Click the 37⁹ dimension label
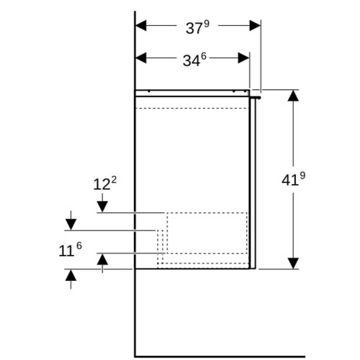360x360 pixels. point(197,27)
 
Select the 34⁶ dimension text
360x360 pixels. point(194,60)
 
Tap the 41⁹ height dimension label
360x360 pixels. point(293,179)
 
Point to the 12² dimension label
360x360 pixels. point(105,184)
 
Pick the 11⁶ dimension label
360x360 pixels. point(70,250)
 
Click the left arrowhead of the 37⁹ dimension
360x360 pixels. point(141,25)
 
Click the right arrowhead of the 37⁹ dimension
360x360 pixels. point(255,25)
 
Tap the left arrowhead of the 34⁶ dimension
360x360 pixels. point(141,58)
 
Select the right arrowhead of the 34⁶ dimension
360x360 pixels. point(244,58)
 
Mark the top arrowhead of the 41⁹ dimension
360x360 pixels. point(293,96)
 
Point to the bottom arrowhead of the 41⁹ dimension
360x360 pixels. point(293,264)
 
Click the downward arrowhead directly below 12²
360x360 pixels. point(102,207)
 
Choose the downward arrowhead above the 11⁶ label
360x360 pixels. point(71,225)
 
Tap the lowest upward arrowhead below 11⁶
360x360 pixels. point(71,275)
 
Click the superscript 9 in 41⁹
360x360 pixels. point(302,176)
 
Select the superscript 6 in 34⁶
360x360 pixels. point(204,56)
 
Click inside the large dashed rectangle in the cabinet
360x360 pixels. point(207,233)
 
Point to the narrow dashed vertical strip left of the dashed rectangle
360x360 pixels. point(160,247)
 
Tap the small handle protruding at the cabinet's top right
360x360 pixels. point(255,97)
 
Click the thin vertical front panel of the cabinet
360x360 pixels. point(253,184)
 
